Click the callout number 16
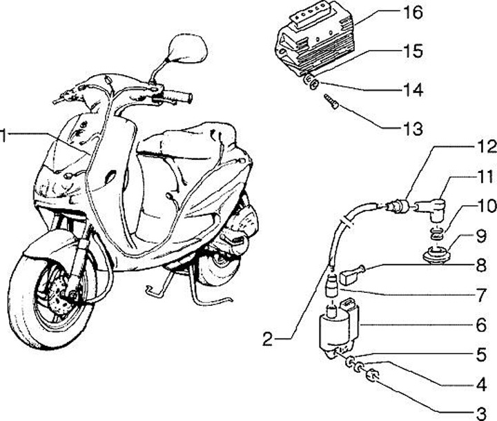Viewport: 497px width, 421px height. [x=412, y=12]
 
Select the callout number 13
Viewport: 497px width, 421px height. [x=412, y=128]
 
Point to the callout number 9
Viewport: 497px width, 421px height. [x=481, y=236]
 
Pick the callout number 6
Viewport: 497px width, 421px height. [x=481, y=325]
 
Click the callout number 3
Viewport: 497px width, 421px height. [x=481, y=413]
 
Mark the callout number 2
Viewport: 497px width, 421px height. [x=268, y=339]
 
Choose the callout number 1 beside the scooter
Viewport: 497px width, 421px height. [x=3, y=135]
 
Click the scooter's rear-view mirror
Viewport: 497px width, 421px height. [x=188, y=49]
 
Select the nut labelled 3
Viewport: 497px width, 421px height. [x=372, y=376]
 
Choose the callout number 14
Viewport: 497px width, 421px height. [x=412, y=90]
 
